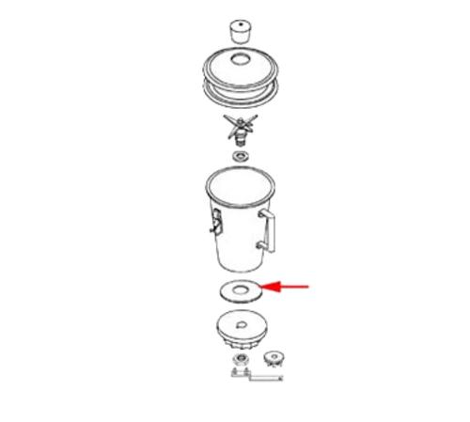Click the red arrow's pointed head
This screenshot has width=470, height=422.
pos(265,287)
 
